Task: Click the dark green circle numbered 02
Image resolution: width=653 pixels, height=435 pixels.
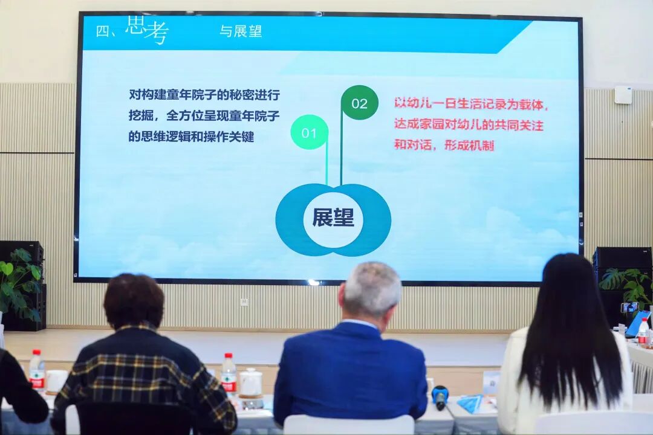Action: (359, 103)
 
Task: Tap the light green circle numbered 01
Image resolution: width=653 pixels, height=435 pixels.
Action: (309, 132)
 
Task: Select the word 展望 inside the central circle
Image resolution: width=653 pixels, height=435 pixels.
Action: (333, 217)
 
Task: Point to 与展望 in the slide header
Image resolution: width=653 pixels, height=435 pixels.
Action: (241, 31)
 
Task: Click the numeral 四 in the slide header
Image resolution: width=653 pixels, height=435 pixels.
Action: (102, 31)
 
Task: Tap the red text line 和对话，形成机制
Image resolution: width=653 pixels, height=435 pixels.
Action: (444, 145)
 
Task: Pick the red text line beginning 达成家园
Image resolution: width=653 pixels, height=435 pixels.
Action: (469, 124)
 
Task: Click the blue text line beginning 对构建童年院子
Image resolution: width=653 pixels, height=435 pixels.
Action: (204, 95)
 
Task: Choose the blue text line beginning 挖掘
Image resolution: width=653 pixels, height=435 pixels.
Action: (204, 116)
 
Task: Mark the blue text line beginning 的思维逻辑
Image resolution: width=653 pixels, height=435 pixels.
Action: (191, 137)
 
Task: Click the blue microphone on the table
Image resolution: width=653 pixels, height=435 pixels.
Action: (439, 397)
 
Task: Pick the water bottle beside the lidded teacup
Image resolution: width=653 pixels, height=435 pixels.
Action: (229, 375)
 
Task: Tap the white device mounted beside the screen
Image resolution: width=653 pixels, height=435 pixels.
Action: (623, 95)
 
